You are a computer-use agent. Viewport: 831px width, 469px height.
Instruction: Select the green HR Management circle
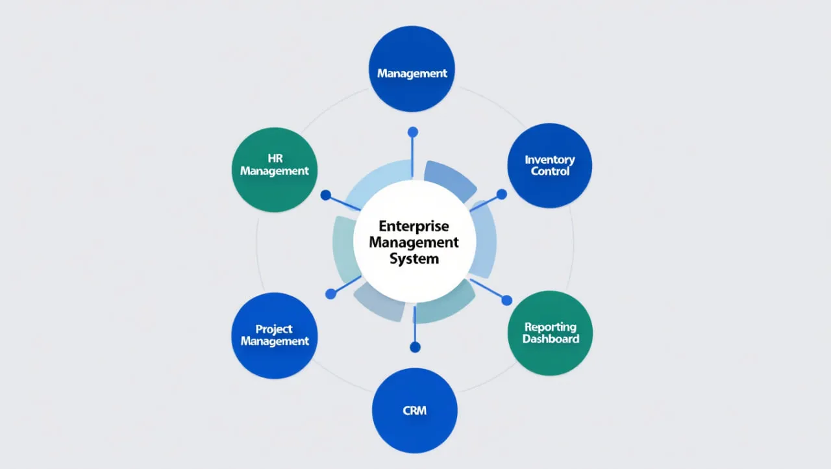[x=275, y=170]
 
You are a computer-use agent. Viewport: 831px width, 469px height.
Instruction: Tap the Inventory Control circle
[x=550, y=166]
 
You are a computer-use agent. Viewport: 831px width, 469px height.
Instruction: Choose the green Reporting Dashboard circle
[x=550, y=333]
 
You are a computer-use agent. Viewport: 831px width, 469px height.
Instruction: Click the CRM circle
[x=414, y=411]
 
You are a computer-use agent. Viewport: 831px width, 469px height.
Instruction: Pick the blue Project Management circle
[x=275, y=335]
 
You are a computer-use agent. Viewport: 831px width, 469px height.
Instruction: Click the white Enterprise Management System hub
[x=415, y=242]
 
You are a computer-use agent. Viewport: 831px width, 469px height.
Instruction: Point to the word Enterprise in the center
[x=414, y=226]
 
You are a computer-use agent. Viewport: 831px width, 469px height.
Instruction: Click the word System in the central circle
[x=414, y=259]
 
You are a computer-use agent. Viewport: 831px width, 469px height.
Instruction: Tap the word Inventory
[x=550, y=160]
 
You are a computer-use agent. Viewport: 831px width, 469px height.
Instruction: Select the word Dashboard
[x=551, y=339]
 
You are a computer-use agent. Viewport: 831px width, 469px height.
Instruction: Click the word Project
[x=274, y=329]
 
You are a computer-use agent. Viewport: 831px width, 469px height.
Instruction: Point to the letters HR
[x=275, y=158]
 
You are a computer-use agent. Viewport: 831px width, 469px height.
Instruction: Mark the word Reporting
[x=551, y=327]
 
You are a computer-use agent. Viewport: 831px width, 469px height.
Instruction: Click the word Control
[x=551, y=171]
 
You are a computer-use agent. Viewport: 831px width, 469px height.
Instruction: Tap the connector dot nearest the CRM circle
[x=415, y=348]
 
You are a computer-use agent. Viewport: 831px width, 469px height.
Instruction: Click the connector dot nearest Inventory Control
[x=502, y=194]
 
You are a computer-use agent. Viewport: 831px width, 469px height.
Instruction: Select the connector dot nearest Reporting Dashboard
[x=507, y=300]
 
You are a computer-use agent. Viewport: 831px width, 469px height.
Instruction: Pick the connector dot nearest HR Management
[x=326, y=195]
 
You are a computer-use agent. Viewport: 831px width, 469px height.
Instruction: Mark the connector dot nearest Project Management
[x=330, y=294]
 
